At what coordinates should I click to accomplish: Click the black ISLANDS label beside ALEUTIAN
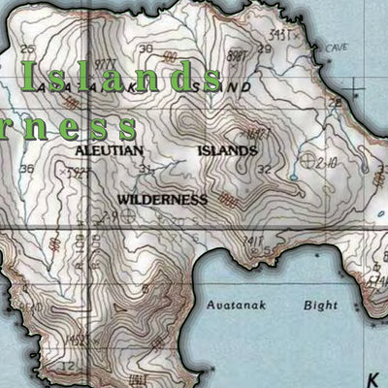tap(227, 151)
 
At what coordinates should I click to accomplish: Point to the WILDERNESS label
tap(162, 199)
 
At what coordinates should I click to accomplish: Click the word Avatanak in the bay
tap(237, 305)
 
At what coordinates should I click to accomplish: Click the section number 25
tap(26, 48)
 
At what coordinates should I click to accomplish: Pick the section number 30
tap(145, 48)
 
